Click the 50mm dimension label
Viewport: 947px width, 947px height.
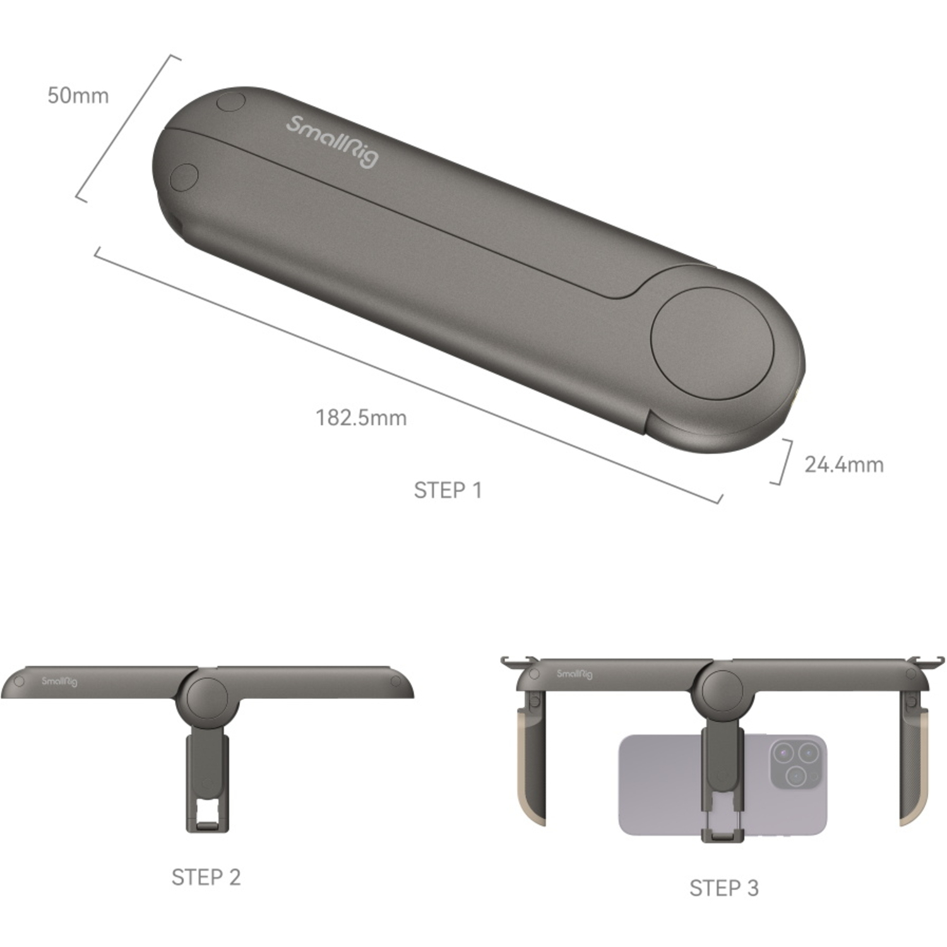click(78, 96)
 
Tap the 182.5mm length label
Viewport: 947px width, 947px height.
click(360, 418)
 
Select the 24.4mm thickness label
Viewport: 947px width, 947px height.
click(843, 465)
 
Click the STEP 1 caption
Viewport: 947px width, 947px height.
click(448, 490)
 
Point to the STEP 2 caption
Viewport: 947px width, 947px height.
click(206, 877)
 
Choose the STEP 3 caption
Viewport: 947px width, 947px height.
click(724, 888)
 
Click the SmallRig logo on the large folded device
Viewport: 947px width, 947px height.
click(332, 141)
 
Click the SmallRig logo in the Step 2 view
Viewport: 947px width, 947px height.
click(59, 681)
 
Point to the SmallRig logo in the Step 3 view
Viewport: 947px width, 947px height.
click(575, 674)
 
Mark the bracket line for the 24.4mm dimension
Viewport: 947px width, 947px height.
click(784, 462)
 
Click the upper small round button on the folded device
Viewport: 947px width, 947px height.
click(230, 101)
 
